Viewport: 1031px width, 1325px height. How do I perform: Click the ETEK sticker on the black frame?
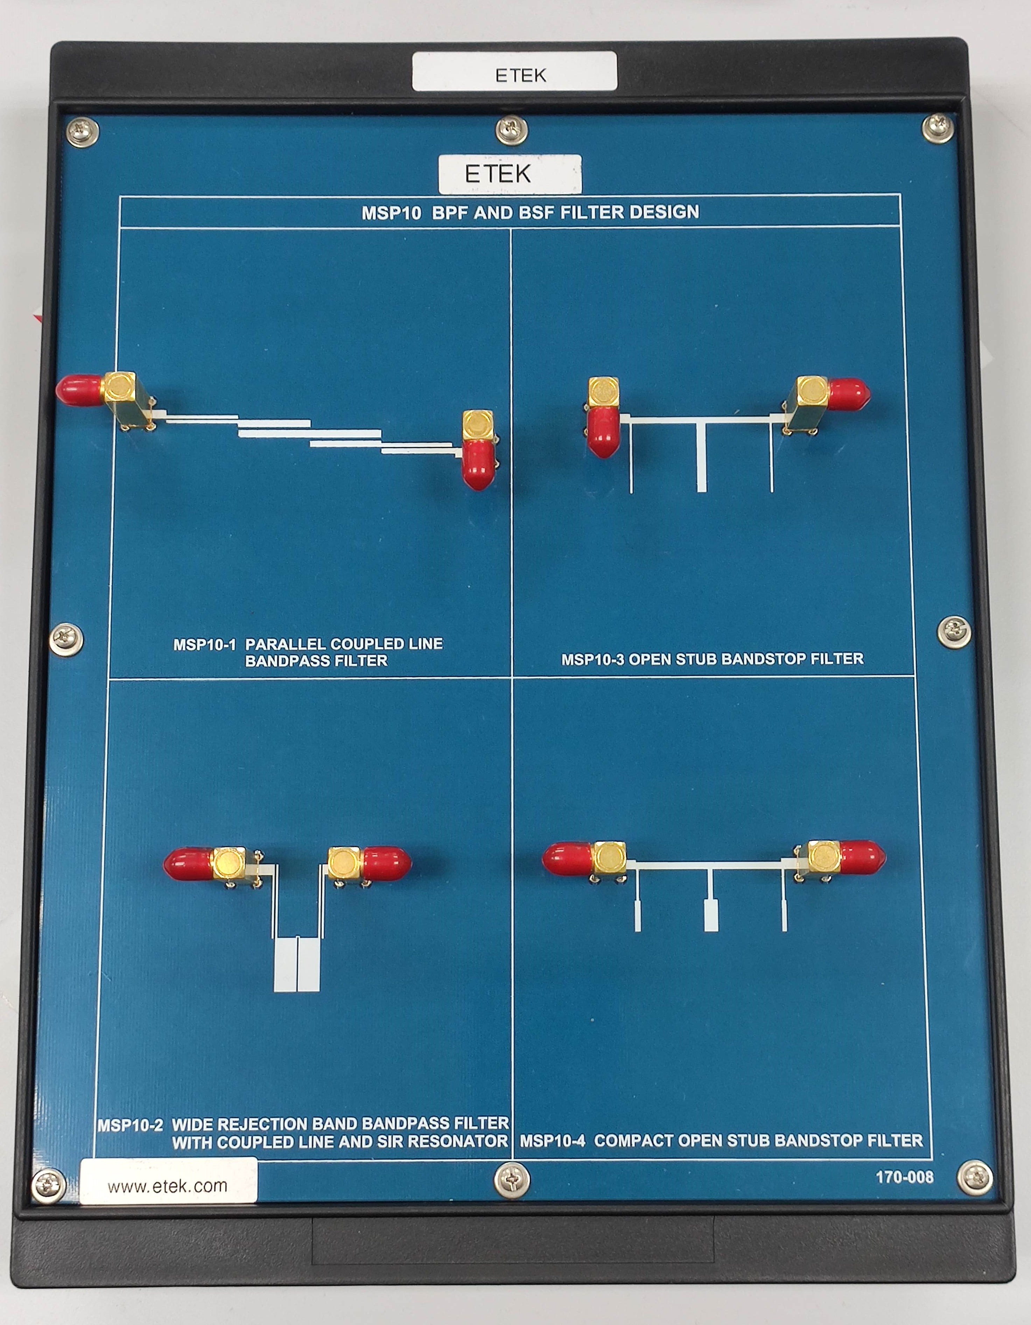coord(514,72)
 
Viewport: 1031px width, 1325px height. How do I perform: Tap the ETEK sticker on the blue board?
coord(510,174)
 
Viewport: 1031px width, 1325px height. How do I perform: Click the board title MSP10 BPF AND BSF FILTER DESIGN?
coord(531,212)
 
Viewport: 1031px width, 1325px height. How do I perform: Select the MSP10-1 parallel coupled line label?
coord(308,652)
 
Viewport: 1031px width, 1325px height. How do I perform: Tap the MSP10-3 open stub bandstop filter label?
coord(712,659)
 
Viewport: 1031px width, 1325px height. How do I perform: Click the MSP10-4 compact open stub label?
coord(721,1141)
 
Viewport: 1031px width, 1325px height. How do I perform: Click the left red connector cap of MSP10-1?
coord(79,390)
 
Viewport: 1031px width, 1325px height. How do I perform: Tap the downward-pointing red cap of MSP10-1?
coord(478,465)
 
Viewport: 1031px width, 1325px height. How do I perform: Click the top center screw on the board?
coord(512,131)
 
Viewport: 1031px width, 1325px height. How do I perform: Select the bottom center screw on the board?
coord(512,1181)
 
